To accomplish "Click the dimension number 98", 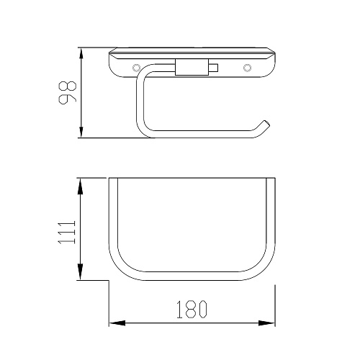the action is [x=68, y=93].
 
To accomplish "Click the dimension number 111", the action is [x=67, y=233].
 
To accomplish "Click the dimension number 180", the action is [x=192, y=310].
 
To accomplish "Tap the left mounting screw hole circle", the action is [x=136, y=68].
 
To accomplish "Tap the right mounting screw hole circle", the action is [x=247, y=68].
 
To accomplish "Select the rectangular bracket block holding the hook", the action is [x=192, y=67].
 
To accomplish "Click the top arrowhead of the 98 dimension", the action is [x=81, y=53].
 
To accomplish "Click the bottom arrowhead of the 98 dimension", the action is [x=81, y=132].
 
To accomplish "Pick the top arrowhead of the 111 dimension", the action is [x=81, y=186].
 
